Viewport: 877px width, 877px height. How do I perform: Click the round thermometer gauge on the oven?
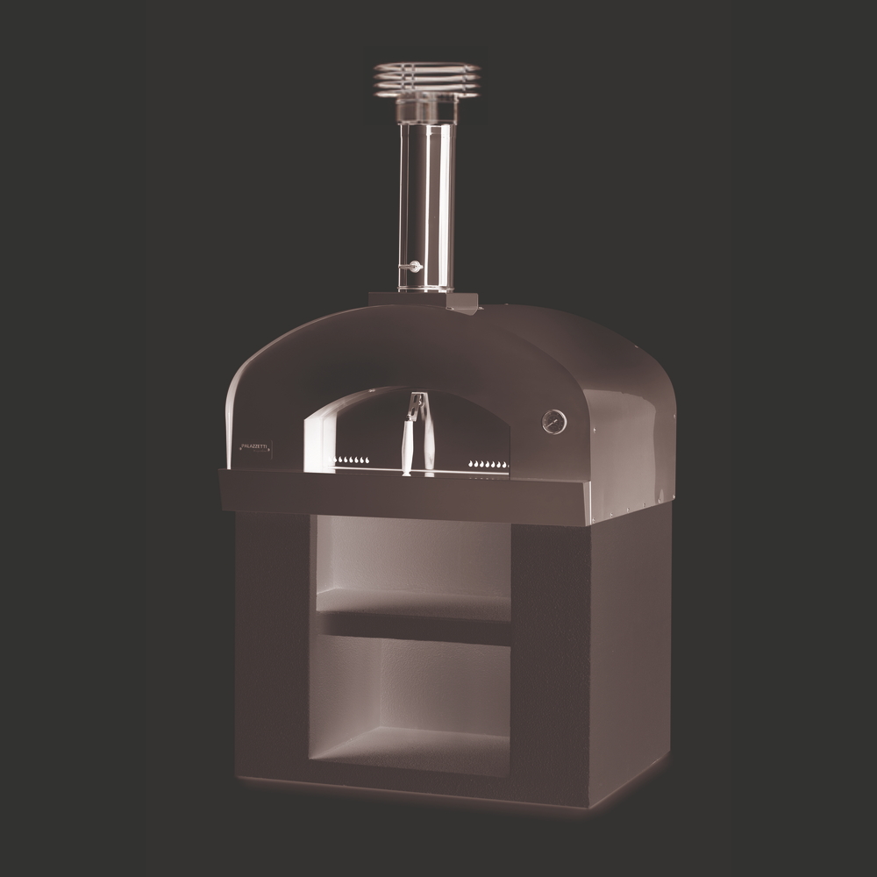click(554, 421)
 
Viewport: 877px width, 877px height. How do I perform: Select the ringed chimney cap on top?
click(426, 78)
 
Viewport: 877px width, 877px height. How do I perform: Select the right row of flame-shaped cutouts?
click(488, 463)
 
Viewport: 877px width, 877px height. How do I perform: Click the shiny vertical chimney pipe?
click(426, 202)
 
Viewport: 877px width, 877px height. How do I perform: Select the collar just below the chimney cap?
click(426, 110)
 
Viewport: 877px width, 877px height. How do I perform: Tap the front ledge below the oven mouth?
click(403, 496)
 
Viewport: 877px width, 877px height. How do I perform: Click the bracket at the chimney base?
click(461, 303)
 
